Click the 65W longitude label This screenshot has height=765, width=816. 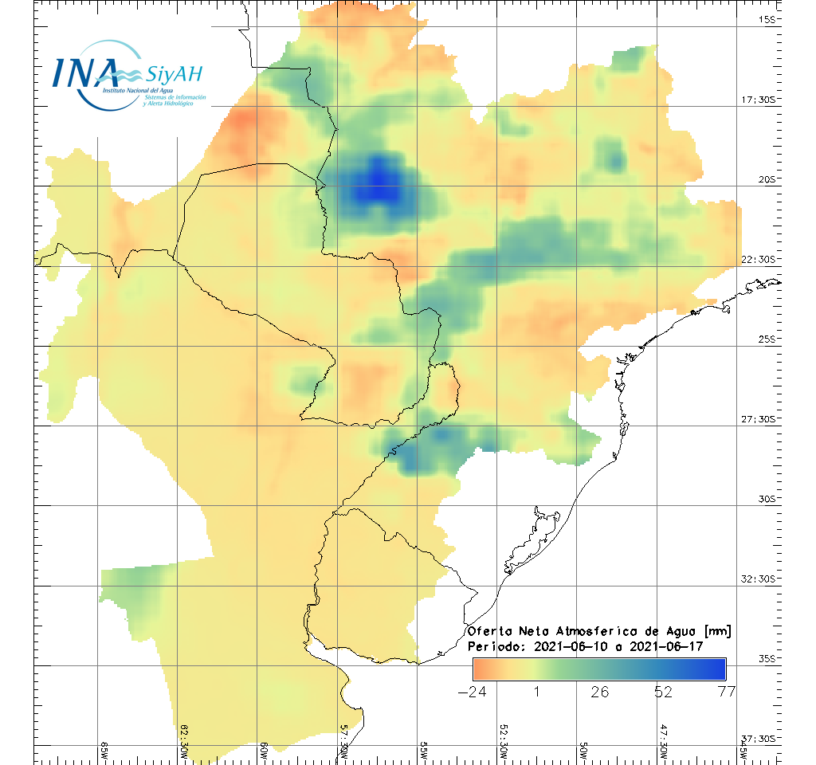coord(104,750)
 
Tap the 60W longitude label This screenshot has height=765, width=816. coord(264,750)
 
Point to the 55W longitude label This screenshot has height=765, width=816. coord(424,750)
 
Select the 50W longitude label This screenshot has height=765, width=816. coord(583,750)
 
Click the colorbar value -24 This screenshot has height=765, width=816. coord(473,692)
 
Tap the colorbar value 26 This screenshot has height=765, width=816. coord(599,692)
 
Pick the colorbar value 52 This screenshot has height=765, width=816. coord(663,692)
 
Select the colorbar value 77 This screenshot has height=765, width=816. coord(726,692)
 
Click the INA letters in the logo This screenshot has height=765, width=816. coord(85,72)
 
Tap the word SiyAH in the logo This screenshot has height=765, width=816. coord(175,75)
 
